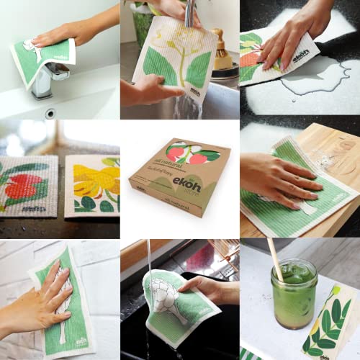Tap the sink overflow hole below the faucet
click(x=49, y=113)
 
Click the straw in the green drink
click(x=274, y=260)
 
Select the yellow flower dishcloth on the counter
click(x=92, y=186)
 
